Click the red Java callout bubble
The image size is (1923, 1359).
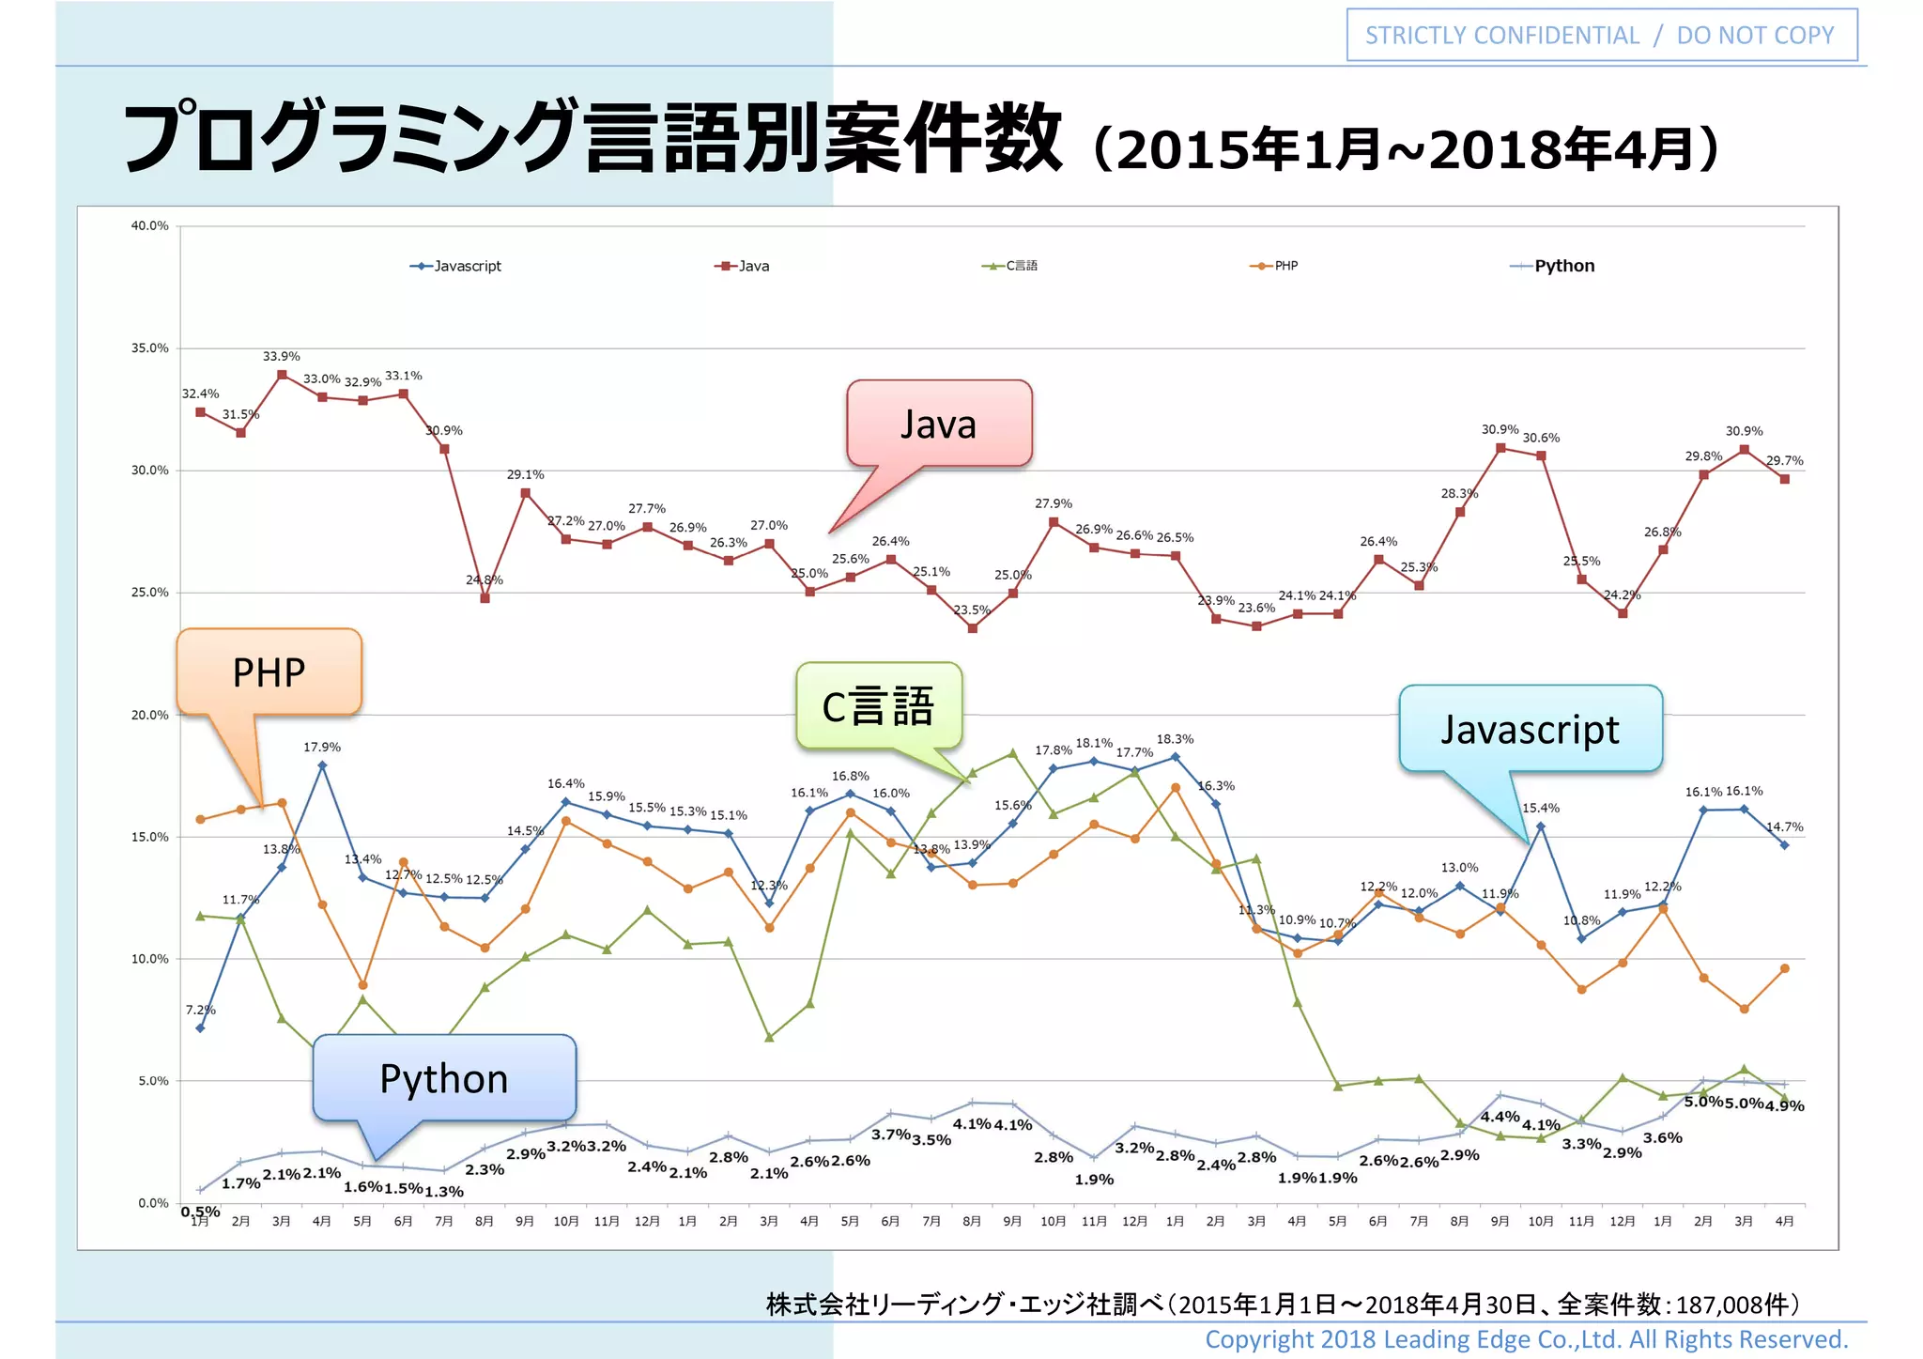pos(939,424)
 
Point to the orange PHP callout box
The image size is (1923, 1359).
pos(269,672)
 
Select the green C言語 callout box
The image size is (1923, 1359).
pos(879,706)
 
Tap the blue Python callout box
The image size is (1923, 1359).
pos(444,1078)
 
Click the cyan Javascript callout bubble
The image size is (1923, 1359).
pos(1531,729)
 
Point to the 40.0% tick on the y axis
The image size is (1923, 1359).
pos(150,225)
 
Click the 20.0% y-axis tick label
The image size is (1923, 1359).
pos(150,715)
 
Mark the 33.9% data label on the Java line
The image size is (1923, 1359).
pos(282,356)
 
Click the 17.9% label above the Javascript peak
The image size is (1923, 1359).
pos(322,747)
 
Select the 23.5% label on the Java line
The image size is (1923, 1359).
pos(972,610)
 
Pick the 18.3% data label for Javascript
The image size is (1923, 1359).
pos(1175,739)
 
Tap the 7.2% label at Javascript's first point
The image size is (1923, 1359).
pos(200,1010)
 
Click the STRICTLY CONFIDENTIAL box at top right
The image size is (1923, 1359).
pos(1601,36)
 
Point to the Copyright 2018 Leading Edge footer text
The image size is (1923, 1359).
pos(1526,1339)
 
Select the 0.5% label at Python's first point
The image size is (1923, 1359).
pos(200,1212)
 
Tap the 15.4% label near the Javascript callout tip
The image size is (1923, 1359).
pos(1541,808)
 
